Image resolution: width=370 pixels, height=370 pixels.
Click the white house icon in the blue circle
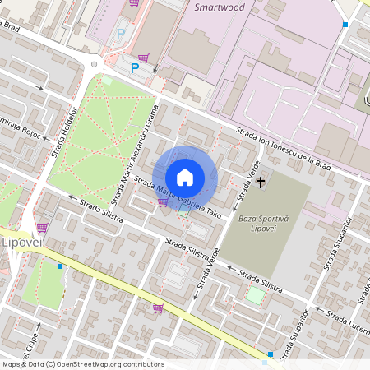click(185, 178)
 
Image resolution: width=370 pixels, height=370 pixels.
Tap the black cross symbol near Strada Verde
click(261, 181)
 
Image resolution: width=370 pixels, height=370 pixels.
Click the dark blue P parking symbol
click(134, 69)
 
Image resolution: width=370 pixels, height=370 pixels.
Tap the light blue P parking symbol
click(122, 34)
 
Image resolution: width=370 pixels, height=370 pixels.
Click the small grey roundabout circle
click(94, 62)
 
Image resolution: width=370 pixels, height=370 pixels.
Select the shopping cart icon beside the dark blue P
click(144, 58)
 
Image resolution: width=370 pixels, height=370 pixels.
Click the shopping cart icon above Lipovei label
click(41, 228)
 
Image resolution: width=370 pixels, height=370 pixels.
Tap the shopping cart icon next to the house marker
click(163, 202)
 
